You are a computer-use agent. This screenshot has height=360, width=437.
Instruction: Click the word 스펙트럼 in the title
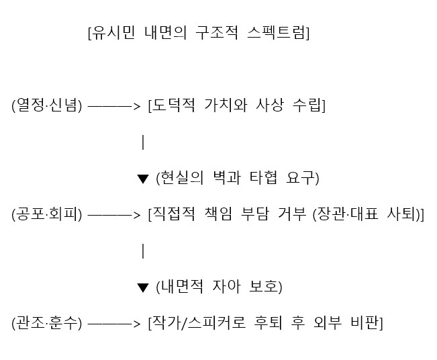tap(277, 33)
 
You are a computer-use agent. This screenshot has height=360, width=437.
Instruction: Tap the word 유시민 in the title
tap(113, 33)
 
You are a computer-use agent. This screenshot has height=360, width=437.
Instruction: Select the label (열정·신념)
tap(47, 105)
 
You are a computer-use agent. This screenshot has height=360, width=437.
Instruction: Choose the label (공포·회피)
tap(47, 214)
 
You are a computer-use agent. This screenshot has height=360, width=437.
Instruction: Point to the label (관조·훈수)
tap(47, 323)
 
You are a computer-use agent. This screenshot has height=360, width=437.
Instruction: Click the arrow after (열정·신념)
tap(114, 106)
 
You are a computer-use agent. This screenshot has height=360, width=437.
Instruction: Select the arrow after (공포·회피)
tap(114, 215)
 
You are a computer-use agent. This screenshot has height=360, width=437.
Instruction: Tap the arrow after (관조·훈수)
tap(114, 324)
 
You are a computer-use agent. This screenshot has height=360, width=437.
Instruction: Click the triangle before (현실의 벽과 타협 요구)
tap(143, 179)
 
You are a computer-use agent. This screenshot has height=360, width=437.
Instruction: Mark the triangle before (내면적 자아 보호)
tap(143, 287)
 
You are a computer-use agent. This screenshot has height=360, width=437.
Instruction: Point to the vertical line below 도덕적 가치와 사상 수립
tap(143, 142)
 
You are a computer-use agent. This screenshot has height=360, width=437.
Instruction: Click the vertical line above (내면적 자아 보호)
tap(143, 251)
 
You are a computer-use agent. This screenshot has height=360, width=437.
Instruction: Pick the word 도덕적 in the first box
tap(173, 105)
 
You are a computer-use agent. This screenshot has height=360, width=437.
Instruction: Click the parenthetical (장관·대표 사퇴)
tap(367, 214)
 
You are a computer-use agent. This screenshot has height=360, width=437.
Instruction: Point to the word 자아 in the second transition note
tap(226, 286)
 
